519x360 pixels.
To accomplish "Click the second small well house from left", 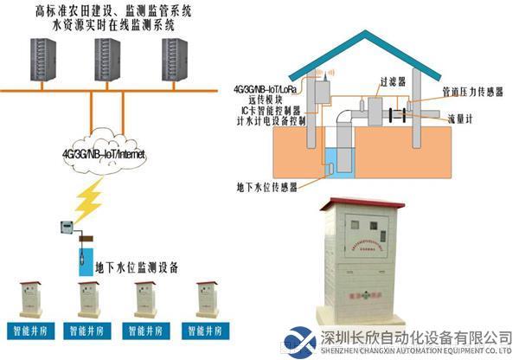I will (89, 299).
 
